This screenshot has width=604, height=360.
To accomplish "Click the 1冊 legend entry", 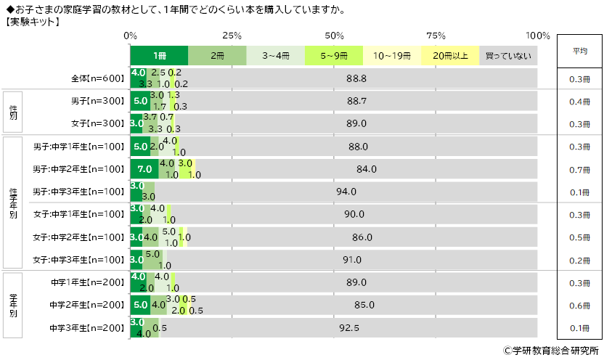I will click(159, 55).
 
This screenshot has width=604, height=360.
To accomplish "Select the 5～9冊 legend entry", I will click(333, 55).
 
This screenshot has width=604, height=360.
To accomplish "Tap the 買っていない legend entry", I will click(508, 55).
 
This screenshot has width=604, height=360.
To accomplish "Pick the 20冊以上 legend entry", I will click(450, 55).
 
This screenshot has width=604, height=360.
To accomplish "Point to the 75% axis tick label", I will click(436, 36).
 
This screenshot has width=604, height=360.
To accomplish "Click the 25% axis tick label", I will click(232, 36).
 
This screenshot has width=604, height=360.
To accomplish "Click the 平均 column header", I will click(579, 51).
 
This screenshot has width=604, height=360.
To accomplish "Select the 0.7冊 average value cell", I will click(579, 170).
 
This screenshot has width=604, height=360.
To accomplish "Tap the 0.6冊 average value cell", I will click(579, 305).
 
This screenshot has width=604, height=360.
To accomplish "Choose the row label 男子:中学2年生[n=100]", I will click(80, 169).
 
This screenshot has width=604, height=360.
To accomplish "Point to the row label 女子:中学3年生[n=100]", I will click(80, 259).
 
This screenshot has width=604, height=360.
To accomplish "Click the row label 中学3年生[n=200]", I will click(89, 327).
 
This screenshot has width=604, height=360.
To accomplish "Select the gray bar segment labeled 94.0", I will click(346, 192).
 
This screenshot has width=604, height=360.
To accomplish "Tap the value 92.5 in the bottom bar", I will click(349, 327).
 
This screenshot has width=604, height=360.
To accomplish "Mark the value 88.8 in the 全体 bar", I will click(356, 78).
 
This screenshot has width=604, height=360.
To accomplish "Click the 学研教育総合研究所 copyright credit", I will click(550, 350).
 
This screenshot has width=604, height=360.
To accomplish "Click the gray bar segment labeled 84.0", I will click(366, 169).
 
